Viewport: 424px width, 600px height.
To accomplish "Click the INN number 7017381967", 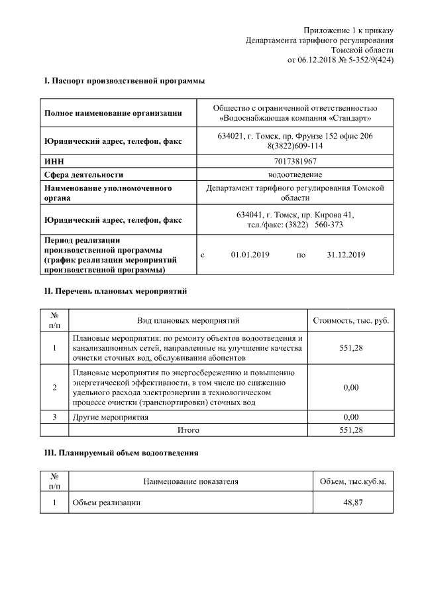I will coord(295,161).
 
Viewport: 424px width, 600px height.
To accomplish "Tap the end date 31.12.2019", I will coord(346,255).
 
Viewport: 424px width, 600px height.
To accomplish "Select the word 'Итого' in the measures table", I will coord(187,430).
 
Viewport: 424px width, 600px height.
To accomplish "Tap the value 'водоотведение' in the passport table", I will coord(295,174).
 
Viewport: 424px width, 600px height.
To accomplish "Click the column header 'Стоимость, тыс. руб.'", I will coord(350,321).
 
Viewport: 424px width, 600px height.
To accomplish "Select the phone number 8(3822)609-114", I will coord(295,146).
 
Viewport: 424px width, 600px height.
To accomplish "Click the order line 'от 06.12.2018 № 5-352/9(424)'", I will coord(340,60).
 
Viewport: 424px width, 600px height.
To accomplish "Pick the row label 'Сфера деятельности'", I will coord(83,174).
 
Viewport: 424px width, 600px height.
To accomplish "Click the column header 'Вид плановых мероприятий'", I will coord(187,321).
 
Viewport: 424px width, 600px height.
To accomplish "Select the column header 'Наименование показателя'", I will coord(190,481).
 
